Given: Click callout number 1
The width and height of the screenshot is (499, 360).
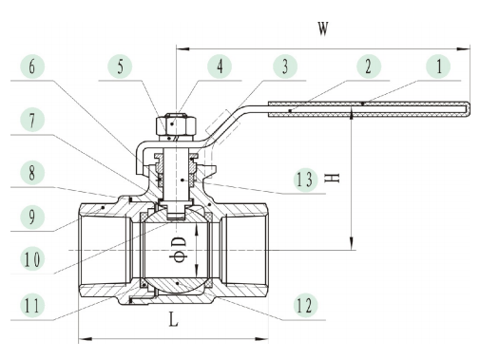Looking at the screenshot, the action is pos(438,66).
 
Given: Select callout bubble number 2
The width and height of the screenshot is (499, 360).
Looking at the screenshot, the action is pos(369,66).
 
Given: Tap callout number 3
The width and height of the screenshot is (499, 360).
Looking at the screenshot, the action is pos(285,66).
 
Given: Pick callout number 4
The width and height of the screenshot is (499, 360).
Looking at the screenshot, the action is pos(220,66).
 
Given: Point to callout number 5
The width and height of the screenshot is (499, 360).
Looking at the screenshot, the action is pos(120,66).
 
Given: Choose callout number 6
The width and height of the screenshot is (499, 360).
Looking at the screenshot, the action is pos(32,66).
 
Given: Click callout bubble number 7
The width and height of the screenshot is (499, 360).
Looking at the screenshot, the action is pos(32,120).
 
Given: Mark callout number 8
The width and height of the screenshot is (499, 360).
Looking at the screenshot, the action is pos(32,173).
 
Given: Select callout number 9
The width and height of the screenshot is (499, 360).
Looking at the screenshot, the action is pos(32,217).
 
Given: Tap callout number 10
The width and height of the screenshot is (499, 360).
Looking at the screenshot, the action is pos(32,259).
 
